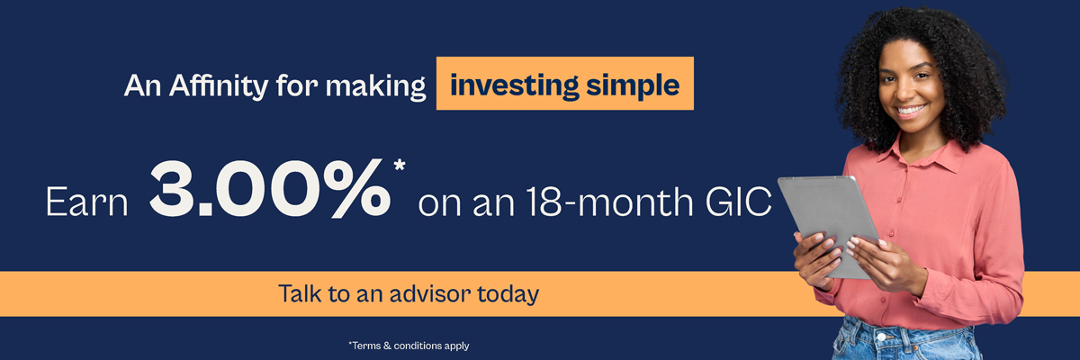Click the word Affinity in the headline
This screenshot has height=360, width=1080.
coord(219,86)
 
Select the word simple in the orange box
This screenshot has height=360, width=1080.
coord(633,85)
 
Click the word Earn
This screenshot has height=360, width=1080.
coord(87,202)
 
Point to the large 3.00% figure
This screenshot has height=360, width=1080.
coord(270,188)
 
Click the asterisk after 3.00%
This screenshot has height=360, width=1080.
coord(400,165)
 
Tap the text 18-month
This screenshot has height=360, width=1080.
coord(609,201)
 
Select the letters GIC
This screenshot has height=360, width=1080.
coord(738,201)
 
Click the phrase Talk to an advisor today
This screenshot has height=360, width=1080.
coord(409,293)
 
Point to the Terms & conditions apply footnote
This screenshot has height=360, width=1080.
coord(409,346)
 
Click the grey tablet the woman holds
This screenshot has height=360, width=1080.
coord(827,227)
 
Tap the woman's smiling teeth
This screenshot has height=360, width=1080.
coord(910,111)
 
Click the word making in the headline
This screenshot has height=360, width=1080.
coord(375,86)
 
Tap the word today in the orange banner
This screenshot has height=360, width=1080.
coord(508,294)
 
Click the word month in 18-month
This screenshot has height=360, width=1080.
coord(635,201)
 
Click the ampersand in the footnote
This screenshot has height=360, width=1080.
coord(387,346)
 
